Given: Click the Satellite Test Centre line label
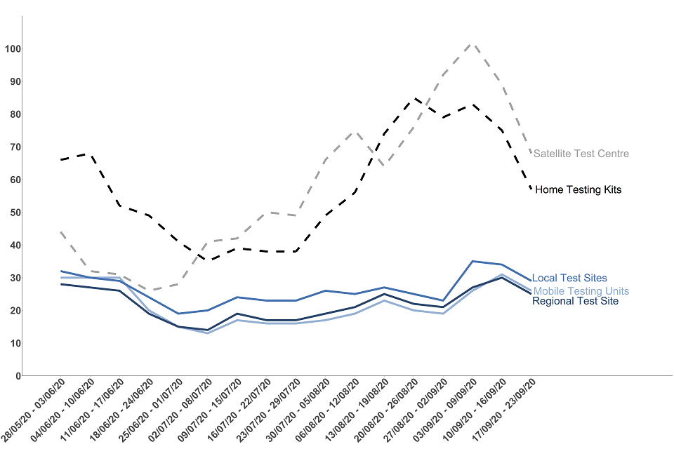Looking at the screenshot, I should coord(581,154).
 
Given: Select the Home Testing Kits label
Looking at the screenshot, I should coord(578,189).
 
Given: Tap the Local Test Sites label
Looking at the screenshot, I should coord(569,279).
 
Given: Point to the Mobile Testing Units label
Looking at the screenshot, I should coord(581,291).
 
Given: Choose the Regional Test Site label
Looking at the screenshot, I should coord(576,301).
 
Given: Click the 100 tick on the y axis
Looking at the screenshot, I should coord(12,49).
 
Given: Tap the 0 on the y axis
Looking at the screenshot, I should coord(17,376).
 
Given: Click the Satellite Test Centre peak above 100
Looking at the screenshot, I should coord(472,43).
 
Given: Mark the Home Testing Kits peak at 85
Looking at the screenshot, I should coord(414,98).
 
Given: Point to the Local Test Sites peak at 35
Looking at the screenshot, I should coord(472,261).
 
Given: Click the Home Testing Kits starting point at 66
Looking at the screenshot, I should coord(62,160).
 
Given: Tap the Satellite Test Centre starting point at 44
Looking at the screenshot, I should coord(62,232).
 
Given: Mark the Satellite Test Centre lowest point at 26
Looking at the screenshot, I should coord(150,290).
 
